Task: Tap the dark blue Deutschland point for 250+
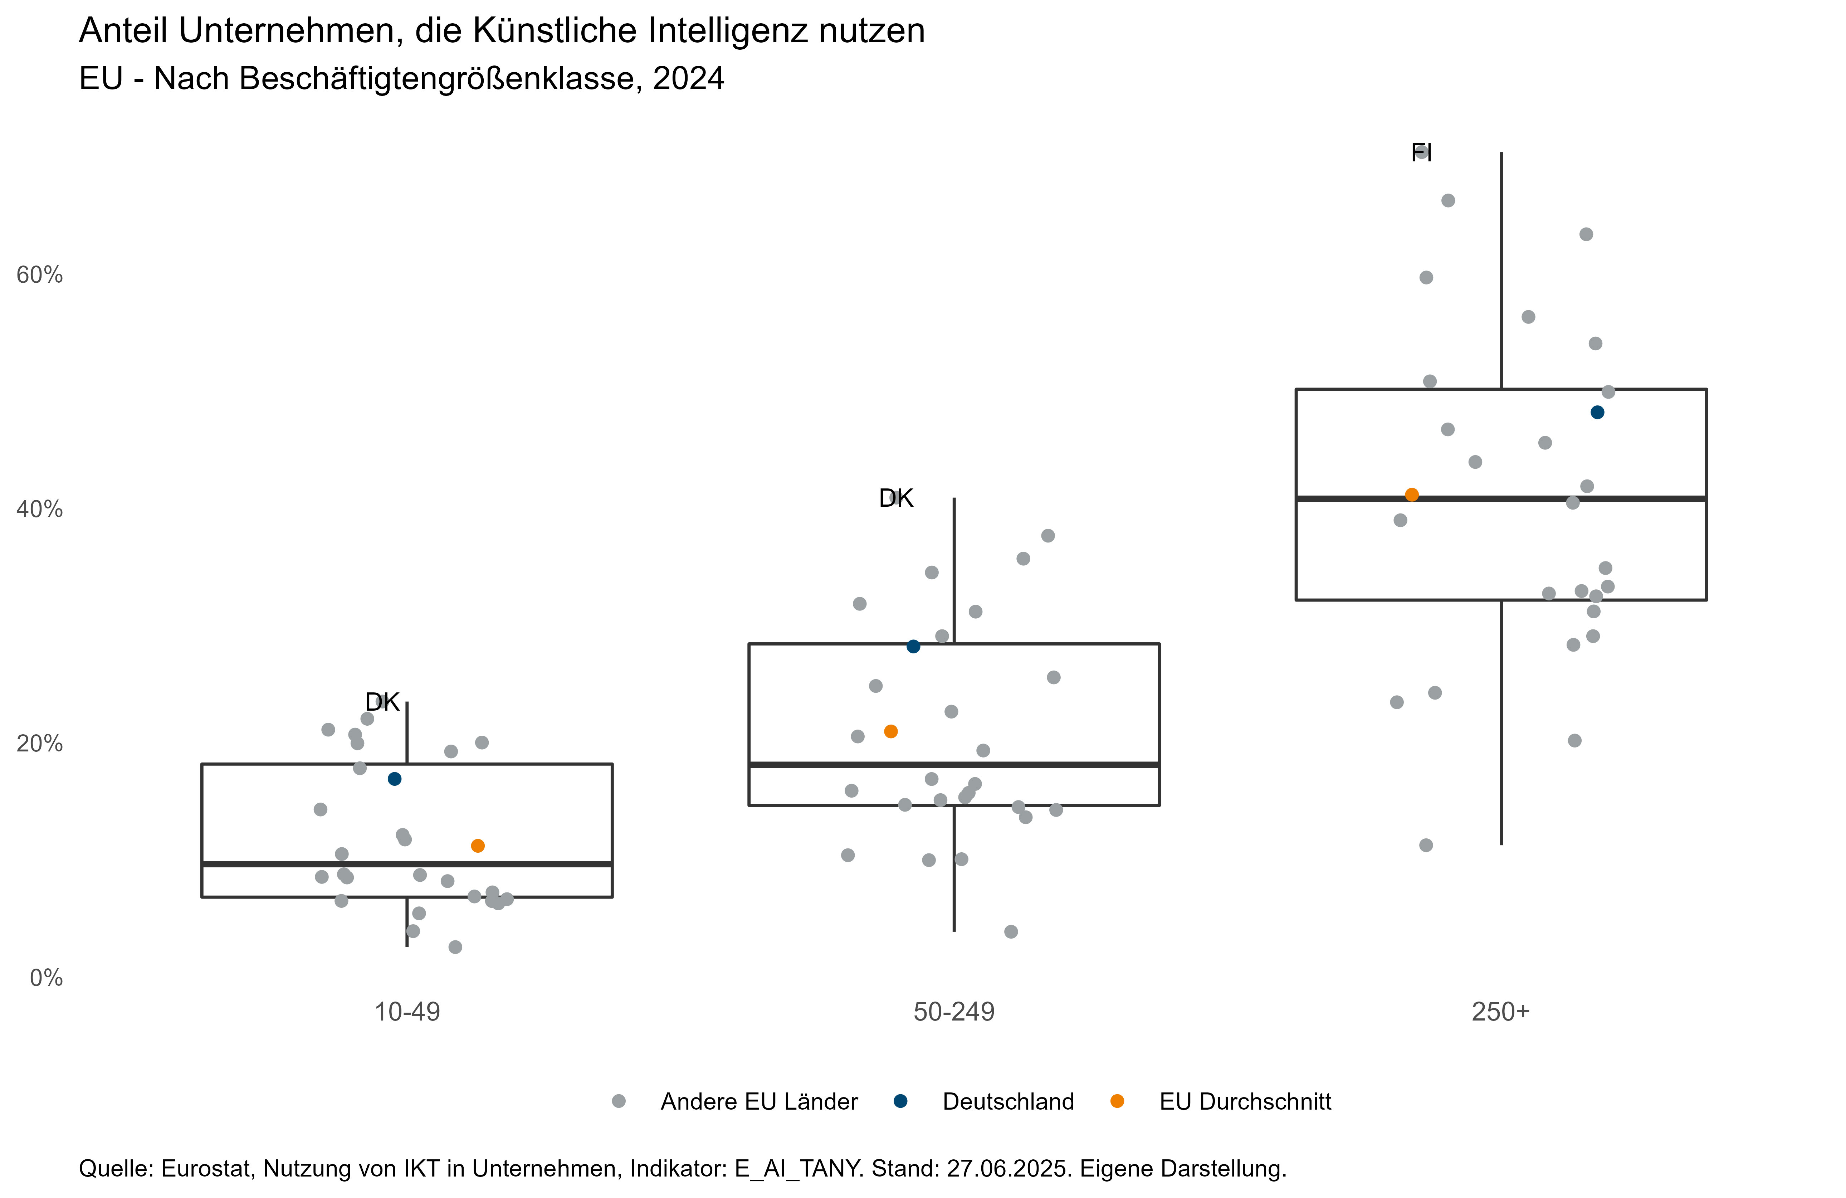[x=1597, y=412]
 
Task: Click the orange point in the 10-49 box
[x=478, y=846]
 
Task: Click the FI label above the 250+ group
[x=1421, y=152]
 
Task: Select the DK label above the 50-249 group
[x=896, y=498]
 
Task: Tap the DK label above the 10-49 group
[x=382, y=702]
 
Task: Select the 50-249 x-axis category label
[x=954, y=1012]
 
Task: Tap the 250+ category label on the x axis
[x=1501, y=1012]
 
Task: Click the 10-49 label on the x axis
[x=407, y=1012]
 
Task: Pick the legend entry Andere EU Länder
[x=758, y=1102]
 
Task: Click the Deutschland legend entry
[x=1007, y=1102]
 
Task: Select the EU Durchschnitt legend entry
[x=1245, y=1102]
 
